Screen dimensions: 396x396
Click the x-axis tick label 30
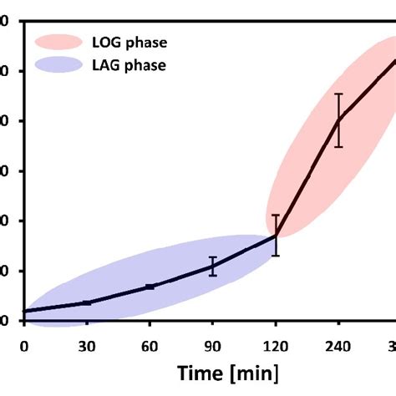tap(87, 345)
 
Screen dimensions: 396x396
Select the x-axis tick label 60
tap(150, 345)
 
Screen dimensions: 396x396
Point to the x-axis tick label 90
tap(212, 345)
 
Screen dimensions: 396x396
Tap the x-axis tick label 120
tap(275, 345)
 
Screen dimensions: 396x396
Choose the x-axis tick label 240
tap(338, 345)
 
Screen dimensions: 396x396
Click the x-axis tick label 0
tap(24, 345)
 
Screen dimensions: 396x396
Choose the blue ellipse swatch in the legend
tap(58, 65)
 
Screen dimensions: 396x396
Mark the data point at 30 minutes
tap(87, 302)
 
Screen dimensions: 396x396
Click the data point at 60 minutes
tap(150, 287)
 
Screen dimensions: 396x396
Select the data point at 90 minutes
tap(212, 267)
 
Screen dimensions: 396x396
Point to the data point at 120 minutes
tap(276, 236)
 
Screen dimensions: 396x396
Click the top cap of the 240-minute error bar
tap(338, 94)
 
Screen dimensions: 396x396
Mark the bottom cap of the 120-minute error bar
tap(276, 256)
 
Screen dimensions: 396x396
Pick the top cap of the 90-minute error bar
tap(212, 257)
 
